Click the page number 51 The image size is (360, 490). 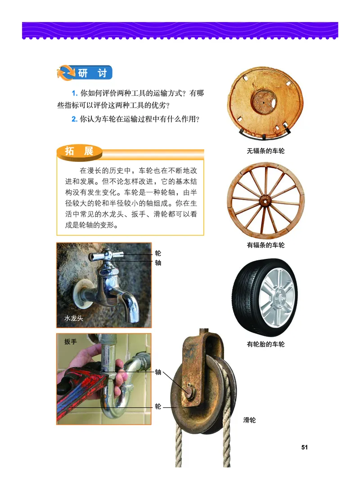pyautogui.click(x=304, y=447)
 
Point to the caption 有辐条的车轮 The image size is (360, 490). pyautogui.click(x=265, y=245)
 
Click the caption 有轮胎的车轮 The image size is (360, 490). pyautogui.click(x=265, y=344)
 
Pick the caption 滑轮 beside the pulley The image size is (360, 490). pyautogui.click(x=249, y=420)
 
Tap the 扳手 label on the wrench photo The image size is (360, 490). pyautogui.click(x=71, y=342)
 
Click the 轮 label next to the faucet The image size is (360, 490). pyautogui.click(x=158, y=254)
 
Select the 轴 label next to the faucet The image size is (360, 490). pyautogui.click(x=158, y=263)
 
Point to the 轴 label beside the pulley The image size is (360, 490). pyautogui.click(x=158, y=372)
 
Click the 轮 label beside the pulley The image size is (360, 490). pyautogui.click(x=158, y=406)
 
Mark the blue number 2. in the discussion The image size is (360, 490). pyautogui.click(x=75, y=120)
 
